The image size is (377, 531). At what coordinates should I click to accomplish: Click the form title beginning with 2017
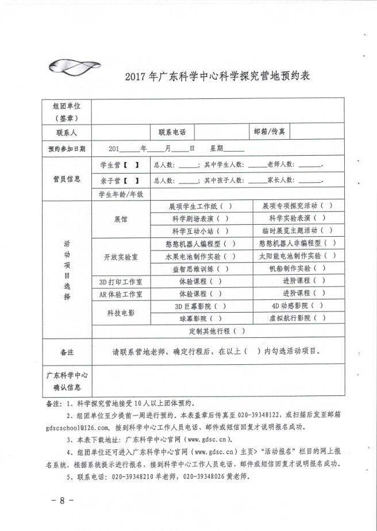217,76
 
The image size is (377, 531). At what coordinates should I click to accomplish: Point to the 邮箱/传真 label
270,132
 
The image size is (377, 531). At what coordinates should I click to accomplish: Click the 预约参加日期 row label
67,148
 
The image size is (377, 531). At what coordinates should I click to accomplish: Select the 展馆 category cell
121,220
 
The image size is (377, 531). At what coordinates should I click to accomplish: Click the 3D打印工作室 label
121,282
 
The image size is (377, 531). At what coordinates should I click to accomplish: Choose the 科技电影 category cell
121,313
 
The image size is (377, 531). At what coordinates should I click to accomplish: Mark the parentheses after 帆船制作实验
320,268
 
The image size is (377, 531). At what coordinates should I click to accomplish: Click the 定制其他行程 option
217,331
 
